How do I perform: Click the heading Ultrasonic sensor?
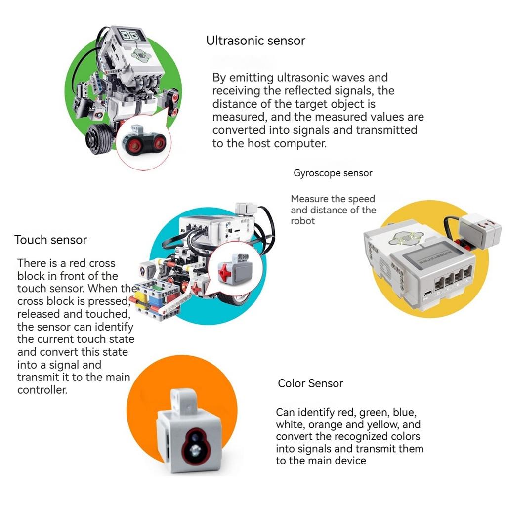pyautogui.click(x=255, y=41)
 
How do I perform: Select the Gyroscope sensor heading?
pyautogui.click(x=333, y=173)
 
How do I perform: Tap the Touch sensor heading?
pyautogui.click(x=50, y=240)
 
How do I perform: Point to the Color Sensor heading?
pyautogui.click(x=310, y=383)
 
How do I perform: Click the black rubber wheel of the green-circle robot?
pyautogui.click(x=99, y=139)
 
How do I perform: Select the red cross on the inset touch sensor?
pyautogui.click(x=225, y=271)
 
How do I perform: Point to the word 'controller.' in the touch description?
pyautogui.click(x=42, y=390)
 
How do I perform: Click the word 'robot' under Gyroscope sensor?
pyautogui.click(x=302, y=221)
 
